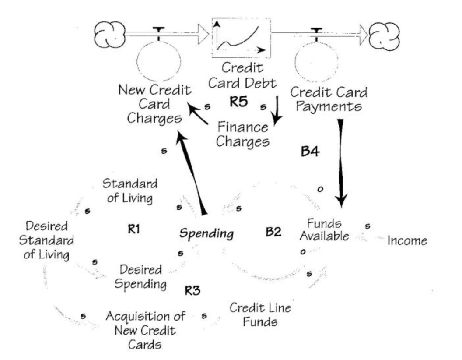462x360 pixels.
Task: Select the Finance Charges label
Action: pos(243,134)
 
